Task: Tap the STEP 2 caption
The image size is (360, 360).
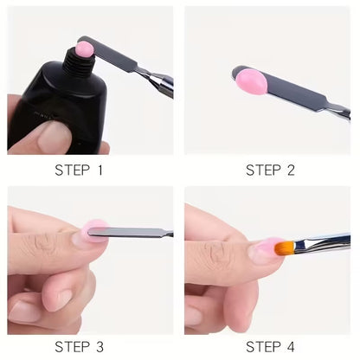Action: click(x=270, y=170)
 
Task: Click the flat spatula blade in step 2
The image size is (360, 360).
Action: click(x=286, y=88)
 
